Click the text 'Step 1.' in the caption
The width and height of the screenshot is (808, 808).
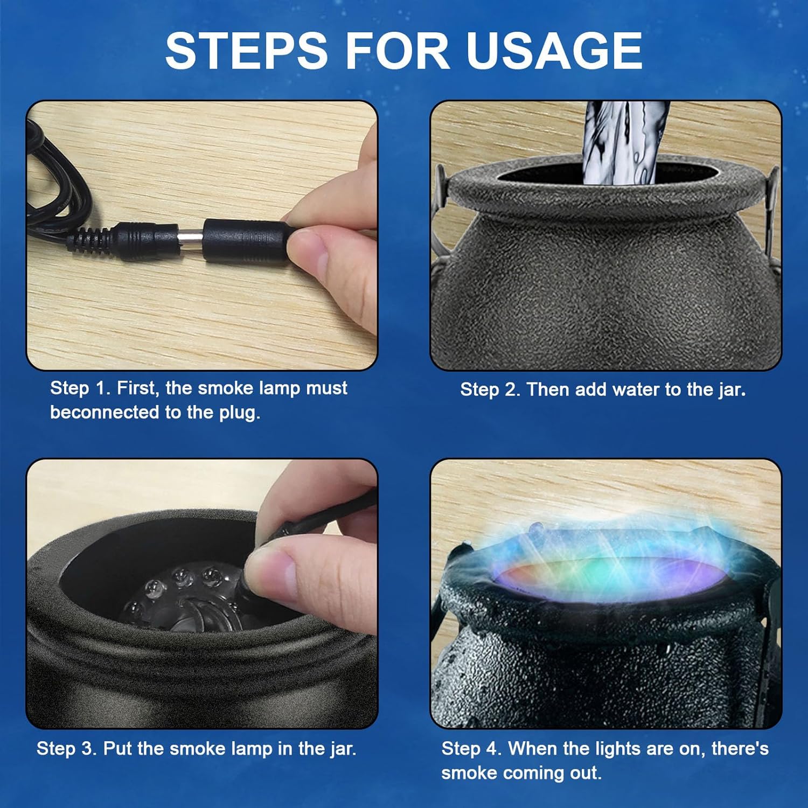coord(80,388)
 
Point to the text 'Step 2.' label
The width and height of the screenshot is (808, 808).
coord(490,390)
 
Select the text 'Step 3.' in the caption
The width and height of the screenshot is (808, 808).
coord(67,749)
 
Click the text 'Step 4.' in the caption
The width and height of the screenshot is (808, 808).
coord(471,749)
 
